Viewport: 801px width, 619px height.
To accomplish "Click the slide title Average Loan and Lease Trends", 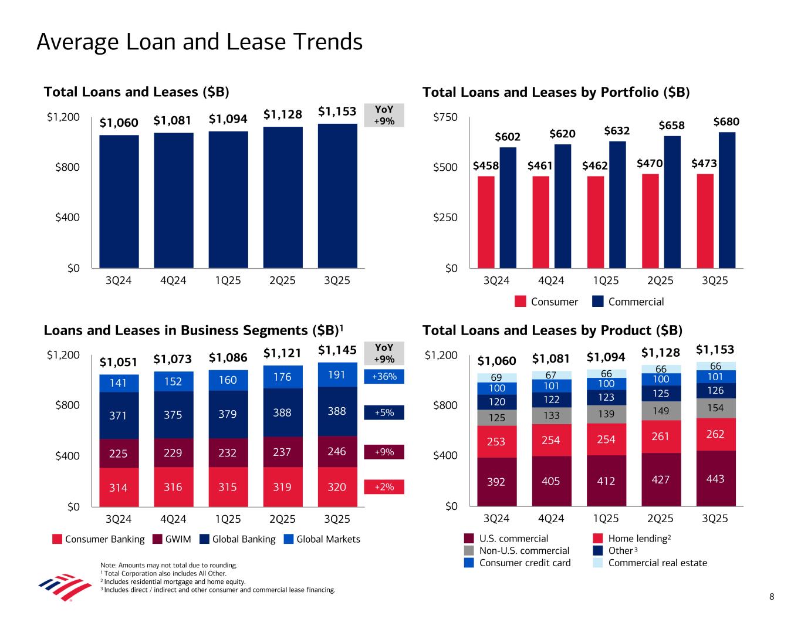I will pyautogui.click(x=200, y=42).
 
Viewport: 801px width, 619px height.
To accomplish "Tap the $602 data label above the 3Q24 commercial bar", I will pyautogui.click(x=508, y=137).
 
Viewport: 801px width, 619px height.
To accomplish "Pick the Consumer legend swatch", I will pyautogui.click(x=521, y=302).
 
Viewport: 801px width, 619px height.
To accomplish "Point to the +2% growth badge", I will pyautogui.click(x=384, y=486).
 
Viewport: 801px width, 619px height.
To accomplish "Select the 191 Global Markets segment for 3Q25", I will pyautogui.click(x=337, y=375).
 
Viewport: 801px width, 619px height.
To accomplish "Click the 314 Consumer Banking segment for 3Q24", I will pyautogui.click(x=119, y=487).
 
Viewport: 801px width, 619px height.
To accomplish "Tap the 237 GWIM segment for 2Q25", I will pyautogui.click(x=283, y=452).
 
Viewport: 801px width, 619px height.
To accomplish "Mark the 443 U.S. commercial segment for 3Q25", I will pyautogui.click(x=715, y=478).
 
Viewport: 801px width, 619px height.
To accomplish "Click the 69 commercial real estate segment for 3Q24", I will pyautogui.click(x=497, y=377).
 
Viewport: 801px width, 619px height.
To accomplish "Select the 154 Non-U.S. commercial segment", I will pyautogui.click(x=715, y=408).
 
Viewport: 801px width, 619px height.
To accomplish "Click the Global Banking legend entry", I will pyautogui.click(x=243, y=539).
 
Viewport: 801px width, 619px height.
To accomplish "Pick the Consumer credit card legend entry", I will pyautogui.click(x=525, y=563).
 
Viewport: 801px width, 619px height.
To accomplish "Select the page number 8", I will pyautogui.click(x=772, y=597).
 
